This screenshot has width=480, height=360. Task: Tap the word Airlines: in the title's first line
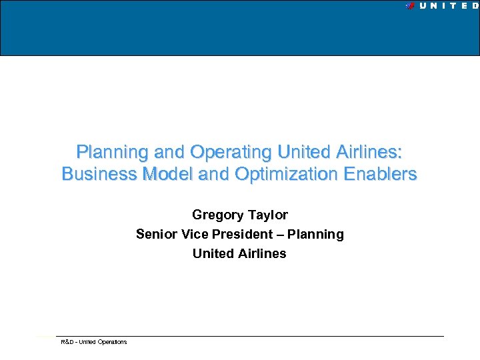(x=371, y=152)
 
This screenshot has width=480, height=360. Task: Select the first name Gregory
(x=217, y=215)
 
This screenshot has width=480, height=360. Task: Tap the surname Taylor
(x=268, y=215)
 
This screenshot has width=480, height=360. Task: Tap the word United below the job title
(x=212, y=253)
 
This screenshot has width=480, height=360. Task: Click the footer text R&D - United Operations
(x=94, y=342)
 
